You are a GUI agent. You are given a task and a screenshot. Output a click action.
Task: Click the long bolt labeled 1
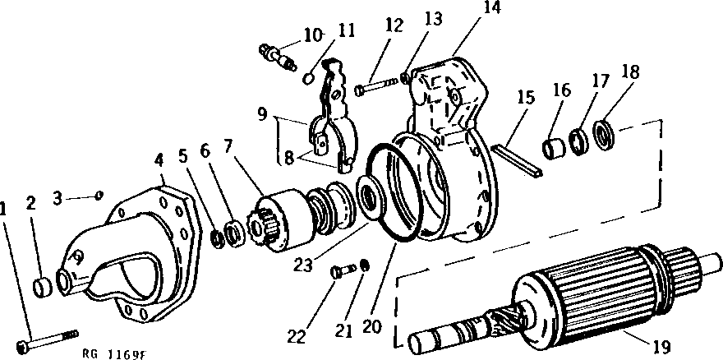tap(49, 341)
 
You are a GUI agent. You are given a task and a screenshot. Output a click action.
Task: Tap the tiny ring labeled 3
tap(99, 195)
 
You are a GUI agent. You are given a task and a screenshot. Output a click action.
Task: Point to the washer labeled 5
tap(217, 238)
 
